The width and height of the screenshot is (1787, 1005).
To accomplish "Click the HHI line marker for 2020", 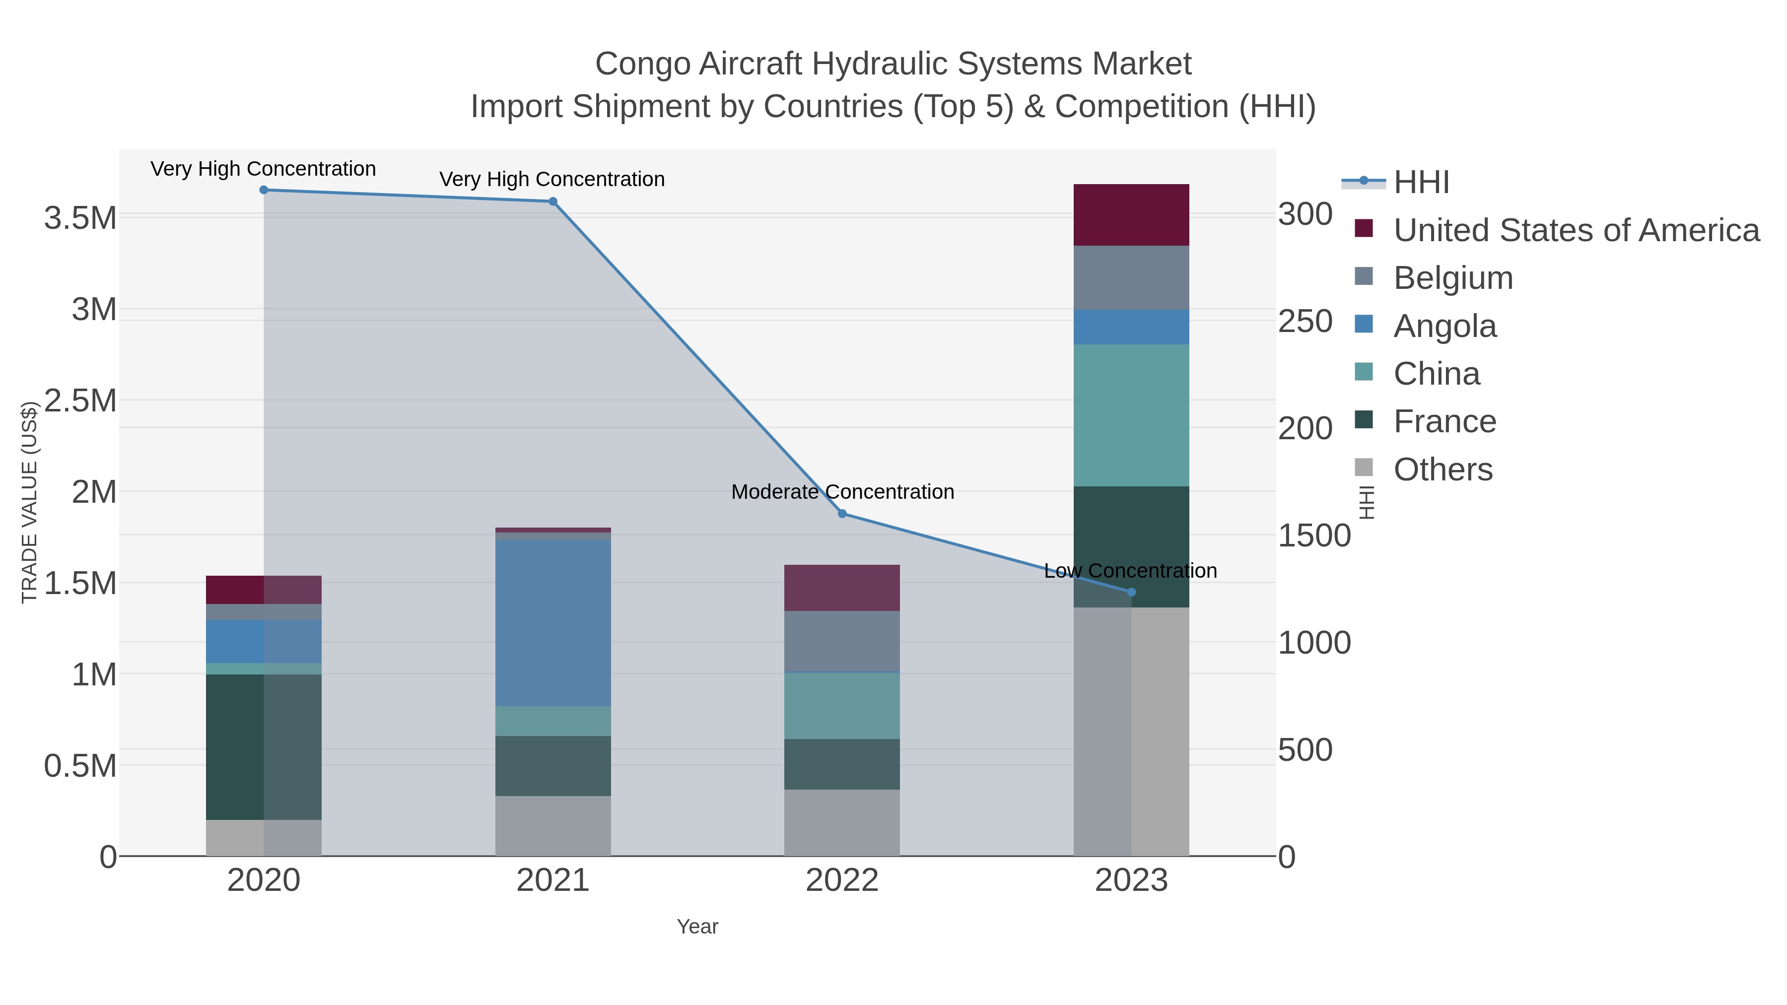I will tap(264, 190).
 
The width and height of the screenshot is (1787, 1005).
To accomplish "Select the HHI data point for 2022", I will tap(842, 514).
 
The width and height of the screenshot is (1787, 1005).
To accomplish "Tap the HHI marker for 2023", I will tap(1131, 592).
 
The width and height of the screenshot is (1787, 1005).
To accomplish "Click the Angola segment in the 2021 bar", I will tap(553, 623).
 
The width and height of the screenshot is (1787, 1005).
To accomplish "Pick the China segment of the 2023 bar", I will tap(1131, 415).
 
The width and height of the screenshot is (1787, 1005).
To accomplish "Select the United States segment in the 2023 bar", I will tap(1131, 215).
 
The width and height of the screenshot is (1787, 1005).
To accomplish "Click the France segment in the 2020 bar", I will tap(264, 746).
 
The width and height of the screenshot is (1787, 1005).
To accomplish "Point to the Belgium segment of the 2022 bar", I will tap(842, 642).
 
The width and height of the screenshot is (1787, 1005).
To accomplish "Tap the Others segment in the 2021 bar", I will tap(553, 825).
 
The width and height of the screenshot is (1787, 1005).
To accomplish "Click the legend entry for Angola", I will tap(1444, 326).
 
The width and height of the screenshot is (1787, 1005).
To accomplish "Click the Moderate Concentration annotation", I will tap(842, 492).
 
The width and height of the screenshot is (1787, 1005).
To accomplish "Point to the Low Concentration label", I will tap(1130, 571).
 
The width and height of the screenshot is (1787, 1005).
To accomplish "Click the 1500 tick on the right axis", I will tap(1314, 536).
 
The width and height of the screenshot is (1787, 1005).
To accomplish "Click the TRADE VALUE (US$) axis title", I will tap(29, 502).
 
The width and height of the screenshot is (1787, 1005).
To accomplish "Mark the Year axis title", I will tap(697, 927).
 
